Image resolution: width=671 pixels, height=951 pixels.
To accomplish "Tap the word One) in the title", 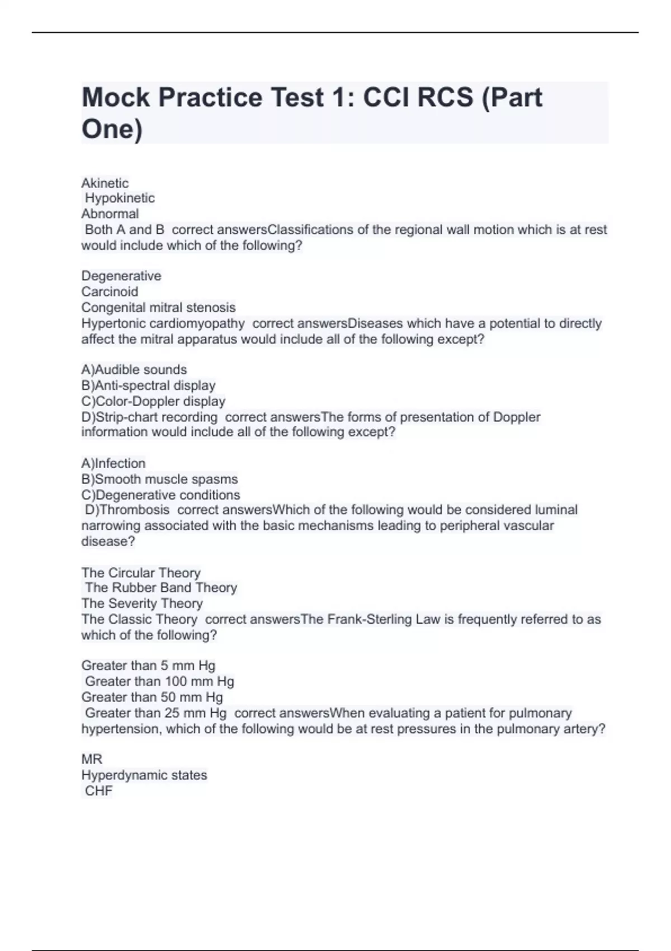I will click(x=112, y=129).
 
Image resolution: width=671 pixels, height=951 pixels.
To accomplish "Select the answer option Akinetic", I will click(x=105, y=183).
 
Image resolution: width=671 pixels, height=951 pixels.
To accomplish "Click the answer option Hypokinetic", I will click(x=120, y=198).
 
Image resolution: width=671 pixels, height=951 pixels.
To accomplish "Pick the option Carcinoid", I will click(x=110, y=291).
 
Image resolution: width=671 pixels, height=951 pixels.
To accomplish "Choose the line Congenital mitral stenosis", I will click(x=158, y=307).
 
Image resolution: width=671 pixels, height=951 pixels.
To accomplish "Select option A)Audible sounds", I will click(x=134, y=370).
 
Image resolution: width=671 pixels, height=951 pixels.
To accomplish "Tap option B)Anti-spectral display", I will click(x=148, y=385).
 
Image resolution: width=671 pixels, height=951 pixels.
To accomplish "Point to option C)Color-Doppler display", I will click(x=153, y=401).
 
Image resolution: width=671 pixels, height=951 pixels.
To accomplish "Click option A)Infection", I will click(x=114, y=463).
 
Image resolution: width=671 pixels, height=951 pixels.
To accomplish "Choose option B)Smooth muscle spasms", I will click(x=159, y=479).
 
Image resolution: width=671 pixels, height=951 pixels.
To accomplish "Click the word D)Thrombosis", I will click(x=127, y=510).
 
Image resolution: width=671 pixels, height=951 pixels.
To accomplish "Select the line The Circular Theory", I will click(x=141, y=573).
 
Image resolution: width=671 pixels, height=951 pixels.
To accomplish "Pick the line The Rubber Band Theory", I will click(x=161, y=587).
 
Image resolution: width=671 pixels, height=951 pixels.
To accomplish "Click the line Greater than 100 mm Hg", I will click(x=159, y=681).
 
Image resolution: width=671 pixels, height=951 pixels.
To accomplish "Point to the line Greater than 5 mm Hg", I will click(x=148, y=666).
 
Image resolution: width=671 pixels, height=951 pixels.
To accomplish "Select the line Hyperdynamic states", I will click(x=144, y=775).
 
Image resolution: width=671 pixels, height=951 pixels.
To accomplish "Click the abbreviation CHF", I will click(x=99, y=791).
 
